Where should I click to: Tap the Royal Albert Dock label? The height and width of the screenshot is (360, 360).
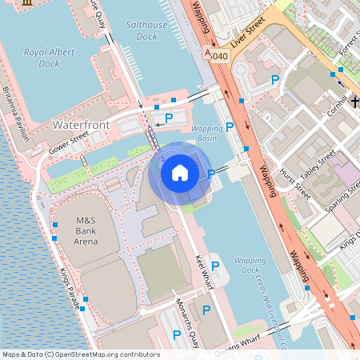(x=53, y=58)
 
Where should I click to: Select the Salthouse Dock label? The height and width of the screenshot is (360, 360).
(x=146, y=30)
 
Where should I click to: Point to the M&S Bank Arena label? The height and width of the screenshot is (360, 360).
(x=86, y=230)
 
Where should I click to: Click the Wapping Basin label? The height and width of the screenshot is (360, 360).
(x=207, y=134)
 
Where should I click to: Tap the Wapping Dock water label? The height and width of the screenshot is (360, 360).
(x=250, y=266)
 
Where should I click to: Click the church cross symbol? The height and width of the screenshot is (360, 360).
(x=354, y=102)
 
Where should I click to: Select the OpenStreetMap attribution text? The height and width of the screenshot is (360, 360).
(x=81, y=354)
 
